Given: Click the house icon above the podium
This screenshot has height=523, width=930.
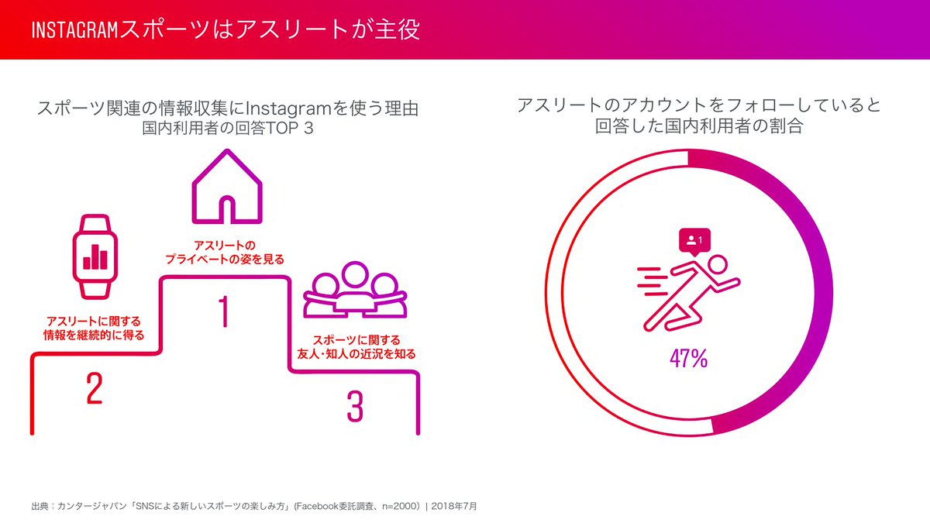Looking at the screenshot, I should coord(226,188).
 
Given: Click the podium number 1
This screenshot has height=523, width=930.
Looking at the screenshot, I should coord(223,311).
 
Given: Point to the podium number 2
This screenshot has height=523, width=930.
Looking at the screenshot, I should coord(94,389).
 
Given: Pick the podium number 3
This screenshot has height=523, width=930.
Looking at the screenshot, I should coord(354,406).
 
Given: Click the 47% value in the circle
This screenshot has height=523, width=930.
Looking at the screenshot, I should coord(688,359).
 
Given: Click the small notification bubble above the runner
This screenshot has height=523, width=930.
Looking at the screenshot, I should coord(694,242).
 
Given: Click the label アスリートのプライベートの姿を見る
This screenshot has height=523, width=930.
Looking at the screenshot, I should coord(224,252).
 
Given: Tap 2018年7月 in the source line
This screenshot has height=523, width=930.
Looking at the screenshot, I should coord(455,506).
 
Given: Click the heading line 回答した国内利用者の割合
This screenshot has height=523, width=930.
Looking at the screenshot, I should coord(698,127).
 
